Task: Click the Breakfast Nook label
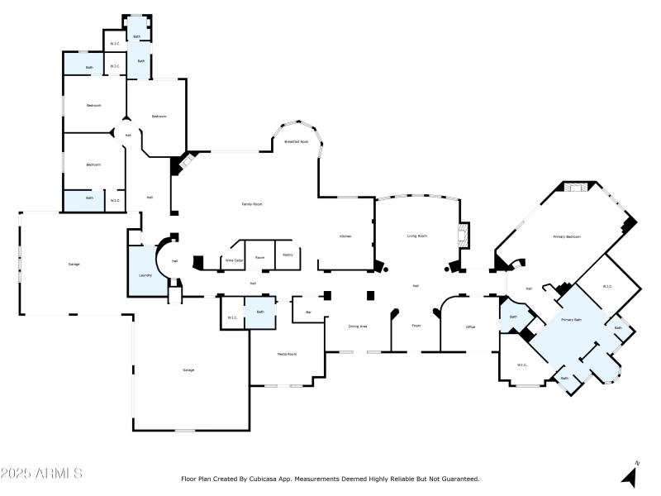point(297,142)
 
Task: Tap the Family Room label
point(251,204)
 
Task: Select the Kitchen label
point(345,236)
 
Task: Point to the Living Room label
point(416,236)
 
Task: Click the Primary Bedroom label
point(567,237)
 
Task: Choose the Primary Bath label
point(572,319)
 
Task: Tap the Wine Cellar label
point(235,260)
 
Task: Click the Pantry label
point(288,255)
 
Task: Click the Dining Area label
point(357,327)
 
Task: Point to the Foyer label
point(417,327)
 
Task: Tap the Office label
point(470,327)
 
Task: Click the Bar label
point(308,312)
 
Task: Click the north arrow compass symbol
point(630,475)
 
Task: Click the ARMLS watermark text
point(41,474)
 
